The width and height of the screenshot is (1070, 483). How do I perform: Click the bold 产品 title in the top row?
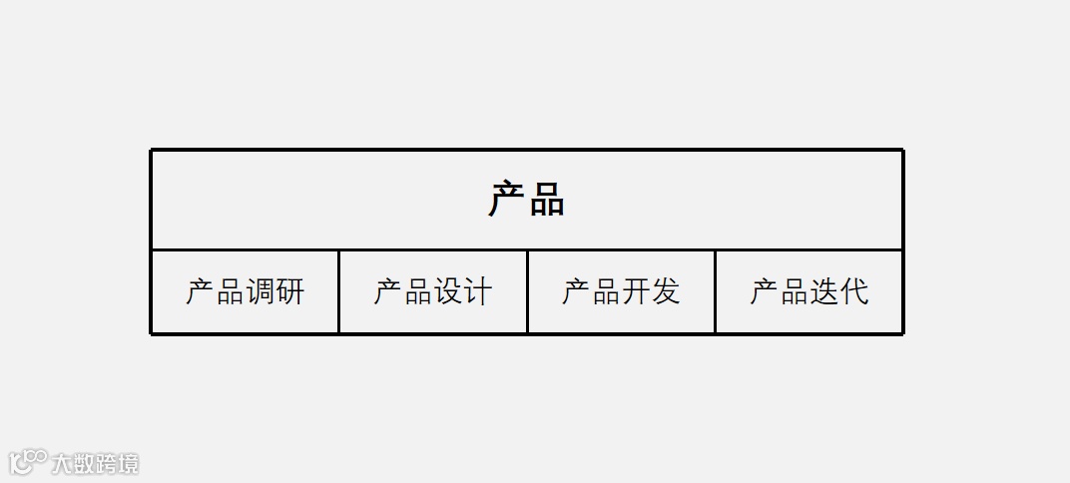tap(526, 200)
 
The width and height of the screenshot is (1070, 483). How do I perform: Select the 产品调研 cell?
tap(245, 291)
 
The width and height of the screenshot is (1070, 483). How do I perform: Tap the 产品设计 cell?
tap(433, 291)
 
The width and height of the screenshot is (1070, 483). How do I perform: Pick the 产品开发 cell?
tap(621, 291)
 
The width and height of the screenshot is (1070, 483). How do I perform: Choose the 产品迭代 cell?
tap(809, 291)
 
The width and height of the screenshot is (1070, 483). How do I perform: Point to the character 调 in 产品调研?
tap(260, 291)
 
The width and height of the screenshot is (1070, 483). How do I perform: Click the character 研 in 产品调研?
tap(289, 291)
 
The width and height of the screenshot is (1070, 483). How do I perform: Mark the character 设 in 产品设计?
tap(448, 291)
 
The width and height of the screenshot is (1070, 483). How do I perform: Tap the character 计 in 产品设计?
tap(478, 291)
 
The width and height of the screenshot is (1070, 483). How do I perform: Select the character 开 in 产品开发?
tap(636, 291)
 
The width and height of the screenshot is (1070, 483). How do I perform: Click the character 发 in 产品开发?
tap(666, 291)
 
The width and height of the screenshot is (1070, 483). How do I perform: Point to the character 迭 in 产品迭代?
tap(824, 291)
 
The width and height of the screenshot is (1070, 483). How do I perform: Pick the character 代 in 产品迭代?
tap(854, 291)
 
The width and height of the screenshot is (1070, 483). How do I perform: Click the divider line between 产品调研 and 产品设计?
tap(338, 291)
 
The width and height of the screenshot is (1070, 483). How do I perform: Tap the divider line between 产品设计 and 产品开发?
tap(527, 291)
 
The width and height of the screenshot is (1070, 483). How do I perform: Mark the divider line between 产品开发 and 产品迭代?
tap(715, 291)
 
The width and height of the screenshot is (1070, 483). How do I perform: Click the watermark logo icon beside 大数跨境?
tap(27, 461)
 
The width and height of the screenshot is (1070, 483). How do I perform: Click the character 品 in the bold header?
tap(546, 200)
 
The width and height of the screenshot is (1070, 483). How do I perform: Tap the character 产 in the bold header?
tap(507, 200)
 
